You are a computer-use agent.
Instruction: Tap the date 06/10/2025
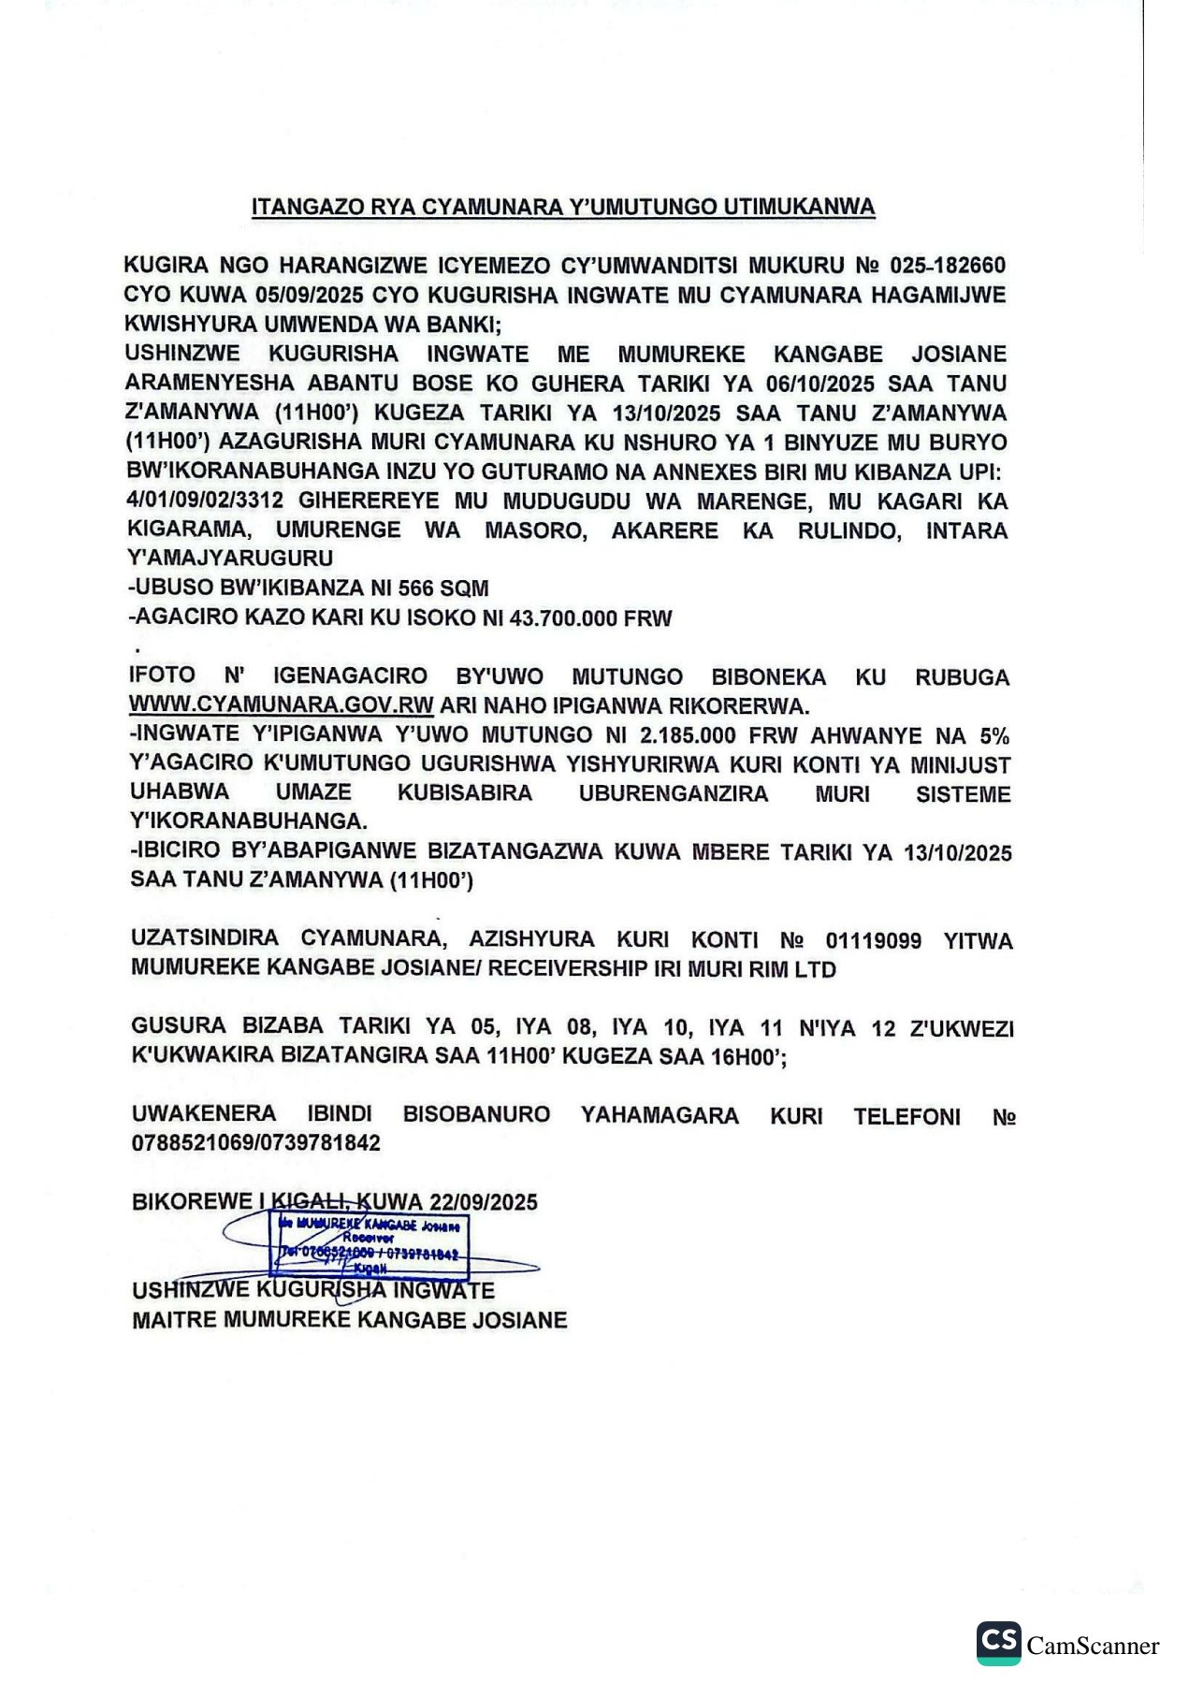point(819,384)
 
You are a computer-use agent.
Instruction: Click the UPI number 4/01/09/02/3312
point(205,500)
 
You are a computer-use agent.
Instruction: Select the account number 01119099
point(873,940)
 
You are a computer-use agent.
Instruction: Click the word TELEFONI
point(906,1116)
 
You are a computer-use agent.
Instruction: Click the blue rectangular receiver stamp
point(370,1244)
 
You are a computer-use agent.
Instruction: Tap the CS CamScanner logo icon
point(998,1643)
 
